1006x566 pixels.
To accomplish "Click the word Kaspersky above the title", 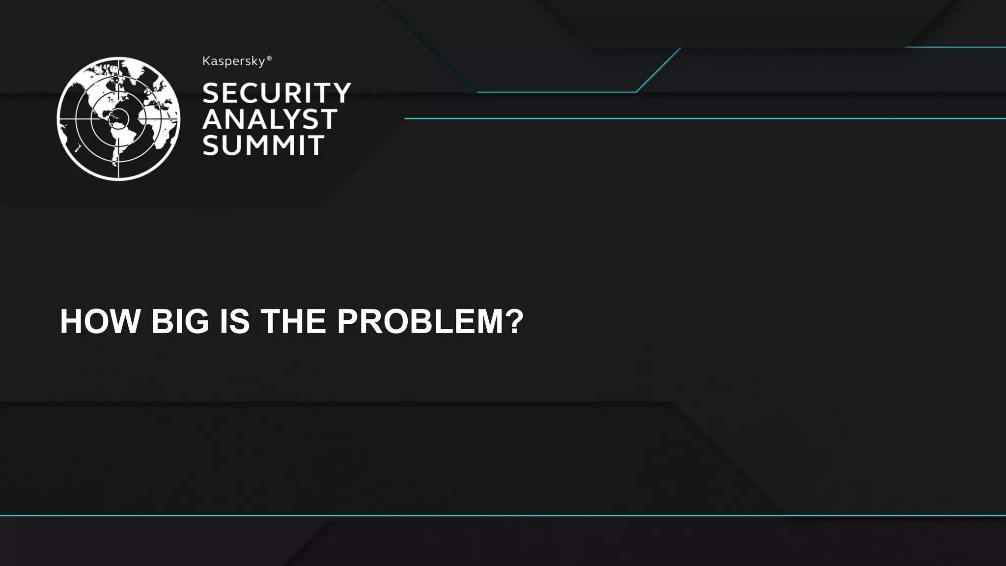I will (234, 61).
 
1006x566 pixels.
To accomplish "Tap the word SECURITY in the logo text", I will (277, 93).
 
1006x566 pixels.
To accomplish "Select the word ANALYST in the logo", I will (270, 119).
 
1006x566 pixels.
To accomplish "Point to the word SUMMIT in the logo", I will (263, 145).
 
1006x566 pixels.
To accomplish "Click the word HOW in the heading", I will (100, 321).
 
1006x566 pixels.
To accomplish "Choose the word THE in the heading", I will (293, 321).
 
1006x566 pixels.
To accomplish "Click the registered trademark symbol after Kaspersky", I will (269, 58).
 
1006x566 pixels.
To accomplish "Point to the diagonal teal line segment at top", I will (658, 70).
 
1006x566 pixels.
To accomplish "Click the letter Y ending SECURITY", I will (341, 93).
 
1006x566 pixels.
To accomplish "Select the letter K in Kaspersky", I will (206, 61).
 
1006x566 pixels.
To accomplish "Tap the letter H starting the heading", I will (71, 321).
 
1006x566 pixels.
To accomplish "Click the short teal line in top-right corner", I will (955, 47).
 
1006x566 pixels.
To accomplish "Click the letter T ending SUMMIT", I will (316, 145).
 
